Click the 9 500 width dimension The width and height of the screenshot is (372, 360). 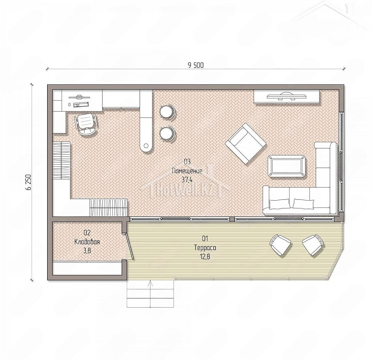pyautogui.click(x=196, y=65)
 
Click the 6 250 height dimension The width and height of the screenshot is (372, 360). pyautogui.click(x=29, y=182)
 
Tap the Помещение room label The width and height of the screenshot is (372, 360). pyautogui.click(x=187, y=171)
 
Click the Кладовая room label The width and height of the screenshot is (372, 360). pyautogui.click(x=87, y=242)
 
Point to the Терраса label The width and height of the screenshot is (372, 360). pyautogui.click(x=205, y=248)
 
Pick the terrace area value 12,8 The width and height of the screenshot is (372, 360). pyautogui.click(x=205, y=256)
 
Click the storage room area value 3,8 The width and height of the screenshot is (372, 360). pyautogui.click(x=87, y=251)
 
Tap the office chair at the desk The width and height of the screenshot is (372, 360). pyautogui.click(x=86, y=124)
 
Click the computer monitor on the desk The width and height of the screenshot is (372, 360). pyautogui.click(x=79, y=97)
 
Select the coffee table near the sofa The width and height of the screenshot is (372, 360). pyautogui.click(x=286, y=166)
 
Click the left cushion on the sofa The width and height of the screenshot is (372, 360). pyautogui.click(x=280, y=204)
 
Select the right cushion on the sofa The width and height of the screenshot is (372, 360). pyautogui.click(x=303, y=204)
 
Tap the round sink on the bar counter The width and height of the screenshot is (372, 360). pyautogui.click(x=146, y=146)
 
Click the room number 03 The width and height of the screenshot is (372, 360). pyautogui.click(x=187, y=162)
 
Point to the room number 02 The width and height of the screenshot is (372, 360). pyautogui.click(x=87, y=233)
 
